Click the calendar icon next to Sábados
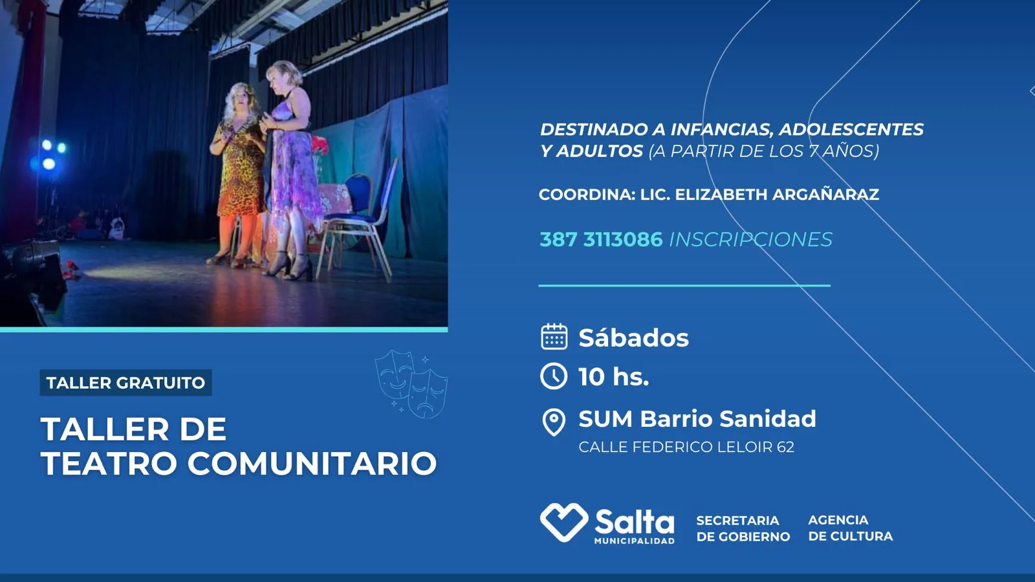[554, 336]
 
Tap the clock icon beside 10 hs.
[554, 376]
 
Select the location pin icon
[554, 422]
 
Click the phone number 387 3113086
[601, 239]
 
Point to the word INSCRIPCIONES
[751, 239]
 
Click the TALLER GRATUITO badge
[125, 382]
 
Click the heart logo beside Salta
[564, 522]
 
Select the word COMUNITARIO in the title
[312, 463]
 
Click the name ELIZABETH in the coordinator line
[721, 195]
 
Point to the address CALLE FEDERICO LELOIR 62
[686, 447]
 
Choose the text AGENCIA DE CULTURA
[850, 528]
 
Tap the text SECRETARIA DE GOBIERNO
[743, 528]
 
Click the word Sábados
[633, 338]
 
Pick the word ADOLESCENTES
[851, 129]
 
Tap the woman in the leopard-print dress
[238, 175]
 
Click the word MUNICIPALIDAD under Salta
[634, 541]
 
